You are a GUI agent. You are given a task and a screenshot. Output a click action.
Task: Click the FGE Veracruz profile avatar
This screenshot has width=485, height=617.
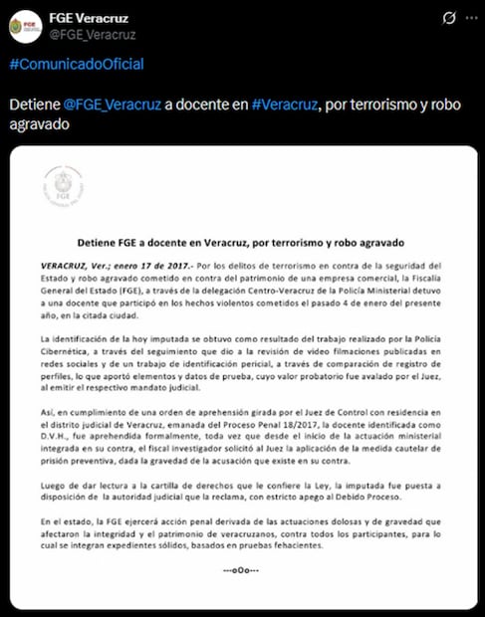[25, 25]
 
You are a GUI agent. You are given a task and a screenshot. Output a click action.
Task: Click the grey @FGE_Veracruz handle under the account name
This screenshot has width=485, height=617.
[92, 35]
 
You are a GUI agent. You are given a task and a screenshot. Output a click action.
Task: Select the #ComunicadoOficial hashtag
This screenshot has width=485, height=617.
[76, 64]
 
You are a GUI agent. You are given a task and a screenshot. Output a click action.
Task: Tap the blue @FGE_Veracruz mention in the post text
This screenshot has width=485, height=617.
[108, 106]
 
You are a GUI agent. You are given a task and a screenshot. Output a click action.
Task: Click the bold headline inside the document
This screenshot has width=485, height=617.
[242, 243]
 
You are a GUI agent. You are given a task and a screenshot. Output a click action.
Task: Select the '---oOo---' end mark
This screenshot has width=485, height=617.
[242, 569]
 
